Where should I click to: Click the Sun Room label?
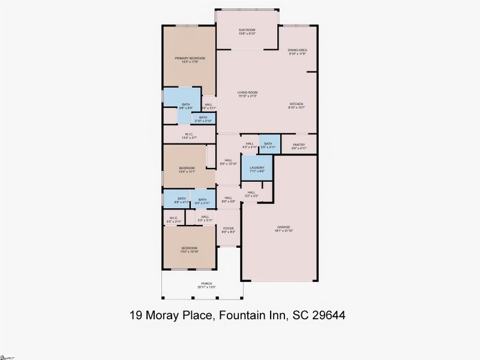click(x=247, y=31)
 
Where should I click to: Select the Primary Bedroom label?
click(x=190, y=59)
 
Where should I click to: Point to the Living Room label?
click(x=247, y=94)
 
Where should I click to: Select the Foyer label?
click(x=228, y=229)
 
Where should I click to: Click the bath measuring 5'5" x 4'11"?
click(x=268, y=144)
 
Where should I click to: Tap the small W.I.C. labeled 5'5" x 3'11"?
click(x=173, y=219)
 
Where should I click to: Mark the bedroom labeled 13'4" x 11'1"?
click(x=187, y=169)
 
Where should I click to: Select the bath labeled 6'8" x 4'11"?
click(x=181, y=200)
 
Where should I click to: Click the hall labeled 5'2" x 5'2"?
click(x=251, y=194)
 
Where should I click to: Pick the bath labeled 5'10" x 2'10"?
click(x=203, y=118)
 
